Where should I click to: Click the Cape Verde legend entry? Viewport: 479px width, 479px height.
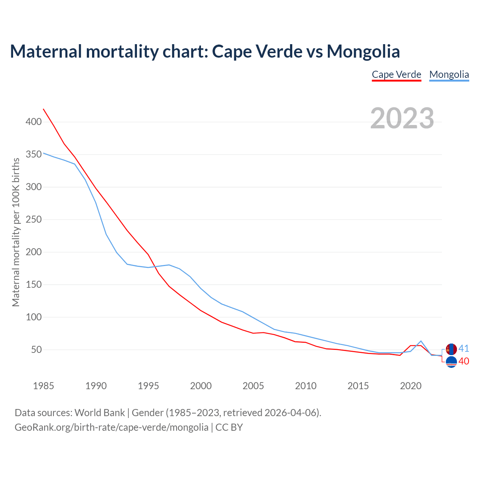click(x=396, y=74)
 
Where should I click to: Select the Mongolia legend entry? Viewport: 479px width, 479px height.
click(x=449, y=74)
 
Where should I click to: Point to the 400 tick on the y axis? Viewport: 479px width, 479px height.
click(x=34, y=122)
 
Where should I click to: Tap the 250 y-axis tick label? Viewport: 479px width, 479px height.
click(x=34, y=220)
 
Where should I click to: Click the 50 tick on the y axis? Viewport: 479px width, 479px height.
click(x=36, y=350)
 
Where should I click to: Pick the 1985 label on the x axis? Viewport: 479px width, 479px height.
click(x=43, y=386)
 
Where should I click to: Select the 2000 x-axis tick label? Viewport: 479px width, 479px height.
click(x=201, y=386)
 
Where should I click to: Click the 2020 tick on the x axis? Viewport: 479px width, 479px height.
click(x=411, y=386)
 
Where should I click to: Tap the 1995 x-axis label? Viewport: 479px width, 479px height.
click(x=149, y=386)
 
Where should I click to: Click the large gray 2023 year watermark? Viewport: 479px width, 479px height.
click(x=402, y=118)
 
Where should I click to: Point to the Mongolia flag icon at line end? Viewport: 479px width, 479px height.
click(x=451, y=349)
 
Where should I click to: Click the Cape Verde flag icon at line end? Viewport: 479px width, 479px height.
click(x=451, y=362)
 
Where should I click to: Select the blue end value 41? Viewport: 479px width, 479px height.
click(x=464, y=349)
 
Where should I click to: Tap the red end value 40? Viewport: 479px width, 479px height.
click(x=464, y=361)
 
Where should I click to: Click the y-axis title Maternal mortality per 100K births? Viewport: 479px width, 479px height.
click(x=16, y=232)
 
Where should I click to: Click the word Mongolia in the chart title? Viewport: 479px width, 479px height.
click(x=363, y=52)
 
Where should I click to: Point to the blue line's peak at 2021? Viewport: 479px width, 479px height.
click(x=421, y=341)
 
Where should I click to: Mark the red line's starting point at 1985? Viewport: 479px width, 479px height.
click(x=43, y=109)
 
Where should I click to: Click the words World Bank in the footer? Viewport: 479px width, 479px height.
click(x=100, y=413)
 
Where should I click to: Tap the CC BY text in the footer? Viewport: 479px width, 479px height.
click(x=229, y=427)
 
